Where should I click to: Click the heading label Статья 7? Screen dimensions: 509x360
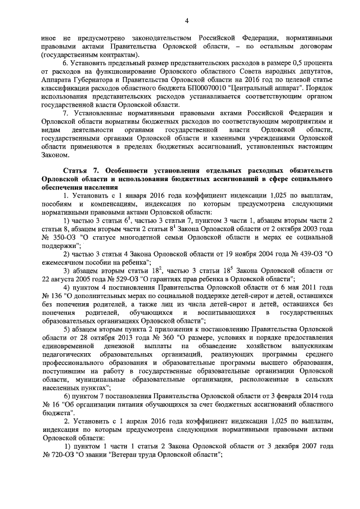(80, 170)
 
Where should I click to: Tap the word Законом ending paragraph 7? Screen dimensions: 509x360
(55, 155)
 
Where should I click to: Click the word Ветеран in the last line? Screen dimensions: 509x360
(137, 457)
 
